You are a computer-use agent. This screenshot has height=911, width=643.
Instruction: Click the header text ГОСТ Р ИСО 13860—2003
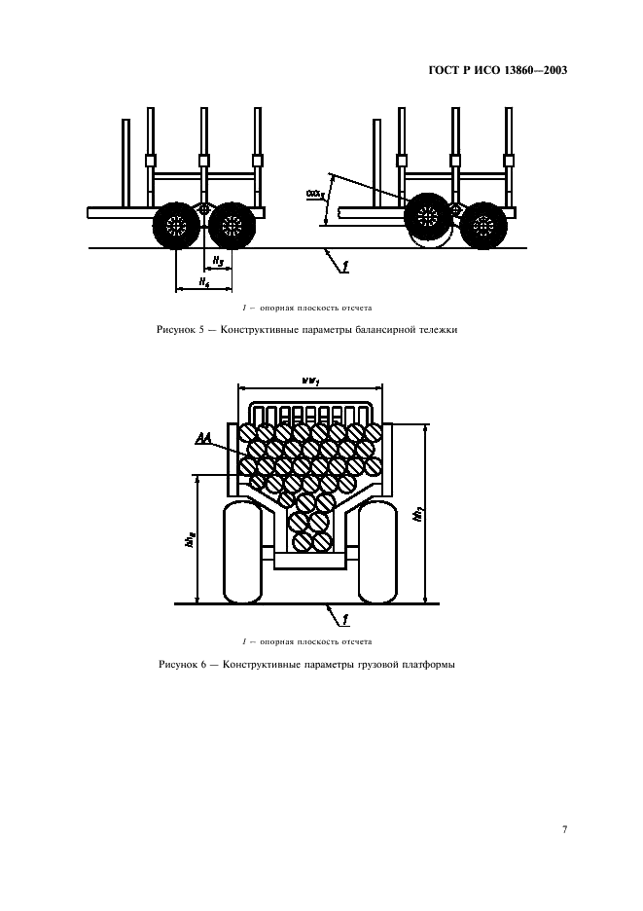pyautogui.click(x=497, y=71)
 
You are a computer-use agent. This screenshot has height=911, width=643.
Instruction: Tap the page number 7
pyautogui.click(x=564, y=829)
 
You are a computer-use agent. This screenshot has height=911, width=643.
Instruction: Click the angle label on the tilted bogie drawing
pyautogui.click(x=314, y=195)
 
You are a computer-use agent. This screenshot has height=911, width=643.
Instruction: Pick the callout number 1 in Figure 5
pyautogui.click(x=344, y=263)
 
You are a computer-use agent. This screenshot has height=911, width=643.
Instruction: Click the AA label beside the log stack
pyautogui.click(x=204, y=439)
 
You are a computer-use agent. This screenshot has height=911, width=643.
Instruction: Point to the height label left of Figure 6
pyautogui.click(x=190, y=538)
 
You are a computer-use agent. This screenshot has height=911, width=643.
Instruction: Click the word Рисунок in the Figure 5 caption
pyautogui.click(x=177, y=329)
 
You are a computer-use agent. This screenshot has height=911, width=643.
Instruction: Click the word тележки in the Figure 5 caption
pyautogui.click(x=436, y=329)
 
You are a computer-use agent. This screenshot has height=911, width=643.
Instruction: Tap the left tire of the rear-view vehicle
pyautogui.click(x=244, y=552)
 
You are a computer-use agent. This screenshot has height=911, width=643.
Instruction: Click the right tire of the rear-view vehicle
pyautogui.click(x=378, y=552)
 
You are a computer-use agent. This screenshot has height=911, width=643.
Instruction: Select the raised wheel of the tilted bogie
pyautogui.click(x=428, y=216)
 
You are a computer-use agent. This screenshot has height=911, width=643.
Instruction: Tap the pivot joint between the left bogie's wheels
pyautogui.click(x=203, y=210)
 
